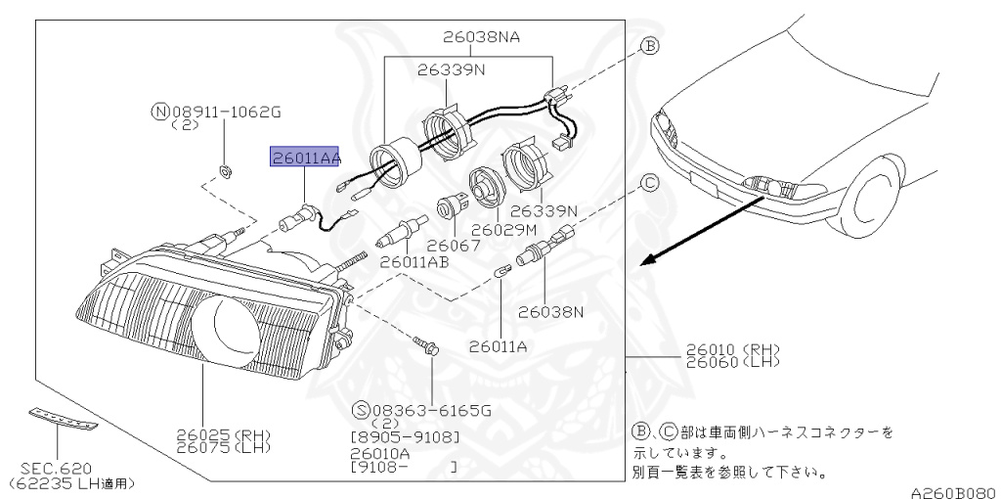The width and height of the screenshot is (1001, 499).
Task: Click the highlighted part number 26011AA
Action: (305, 158)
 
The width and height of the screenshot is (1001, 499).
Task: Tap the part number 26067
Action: (454, 246)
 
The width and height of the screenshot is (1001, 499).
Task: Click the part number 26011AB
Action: (414, 262)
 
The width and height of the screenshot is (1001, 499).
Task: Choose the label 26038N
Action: (550, 312)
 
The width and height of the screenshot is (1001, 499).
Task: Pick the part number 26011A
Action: (500, 344)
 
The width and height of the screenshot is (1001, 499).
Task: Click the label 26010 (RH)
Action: (733, 349)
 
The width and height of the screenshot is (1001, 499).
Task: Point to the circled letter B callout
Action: (650, 45)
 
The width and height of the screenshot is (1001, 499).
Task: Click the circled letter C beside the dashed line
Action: (650, 182)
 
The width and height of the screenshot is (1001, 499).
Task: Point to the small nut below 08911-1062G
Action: (224, 172)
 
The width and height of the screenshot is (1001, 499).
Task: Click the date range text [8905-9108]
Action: (405, 436)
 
